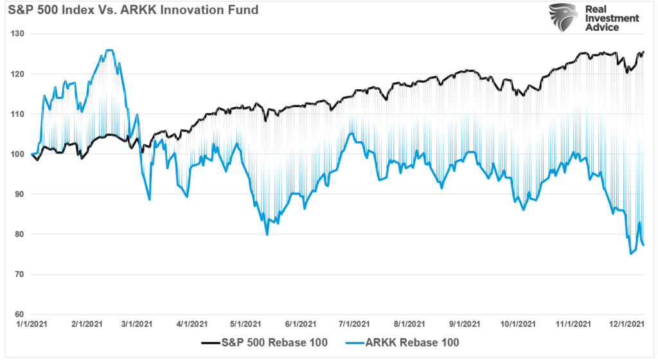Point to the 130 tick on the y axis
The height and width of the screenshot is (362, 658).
pyautogui.click(x=18, y=33)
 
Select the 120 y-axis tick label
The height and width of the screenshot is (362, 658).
pyautogui.click(x=18, y=74)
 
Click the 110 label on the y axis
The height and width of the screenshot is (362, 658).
pyautogui.click(x=18, y=114)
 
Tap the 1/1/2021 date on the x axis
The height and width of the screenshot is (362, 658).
pyautogui.click(x=32, y=324)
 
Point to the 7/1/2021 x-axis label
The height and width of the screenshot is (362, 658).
pyautogui.click(x=352, y=324)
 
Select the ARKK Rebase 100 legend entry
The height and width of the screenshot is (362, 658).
pyautogui.click(x=407, y=343)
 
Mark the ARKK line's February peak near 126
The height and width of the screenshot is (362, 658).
pyautogui.click(x=109, y=50)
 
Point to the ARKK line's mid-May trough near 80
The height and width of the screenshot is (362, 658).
pyautogui.click(x=267, y=235)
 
